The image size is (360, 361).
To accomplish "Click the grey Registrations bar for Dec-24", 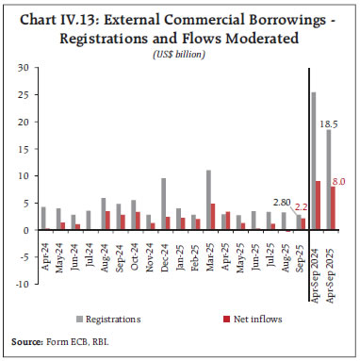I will pos(163,204).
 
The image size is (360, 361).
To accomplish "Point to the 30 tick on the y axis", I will pos(22,68).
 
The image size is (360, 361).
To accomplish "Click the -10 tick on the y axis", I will pos(20,283).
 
